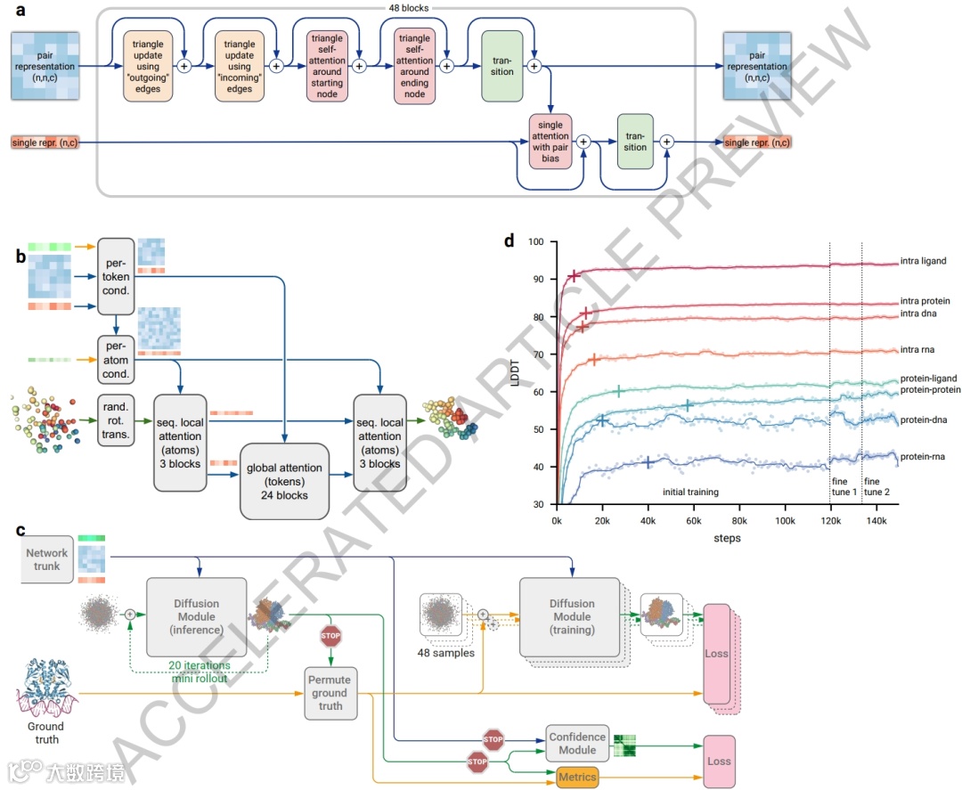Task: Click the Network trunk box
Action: pyautogui.click(x=47, y=559)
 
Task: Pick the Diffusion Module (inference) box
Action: pyautogui.click(x=196, y=616)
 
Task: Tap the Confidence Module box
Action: pyautogui.click(x=576, y=744)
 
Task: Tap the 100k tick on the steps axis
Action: pyautogui.click(x=785, y=521)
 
